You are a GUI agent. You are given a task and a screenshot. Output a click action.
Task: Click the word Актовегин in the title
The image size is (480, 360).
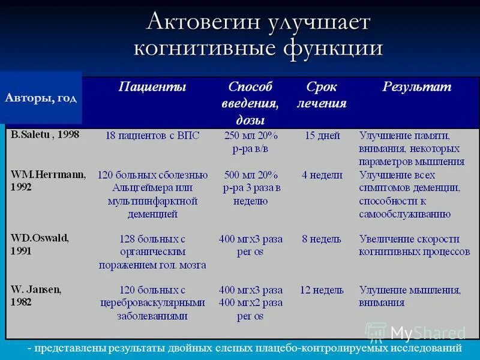pos(204,23)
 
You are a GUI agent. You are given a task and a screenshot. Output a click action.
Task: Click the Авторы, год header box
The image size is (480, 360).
pos(41,98)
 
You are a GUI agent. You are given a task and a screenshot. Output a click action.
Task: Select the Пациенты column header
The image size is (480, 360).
pos(152,87)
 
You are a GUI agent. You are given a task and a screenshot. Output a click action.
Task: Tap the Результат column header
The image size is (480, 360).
pos(417,87)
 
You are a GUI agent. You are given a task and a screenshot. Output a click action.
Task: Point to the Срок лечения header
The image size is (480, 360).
pos(322,95)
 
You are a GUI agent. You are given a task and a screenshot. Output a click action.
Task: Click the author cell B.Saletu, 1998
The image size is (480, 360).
pos(45,134)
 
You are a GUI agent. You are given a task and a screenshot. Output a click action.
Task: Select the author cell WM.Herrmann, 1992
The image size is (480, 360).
pos(48,180)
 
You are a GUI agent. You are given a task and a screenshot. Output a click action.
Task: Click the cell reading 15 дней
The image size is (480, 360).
pos(322,136)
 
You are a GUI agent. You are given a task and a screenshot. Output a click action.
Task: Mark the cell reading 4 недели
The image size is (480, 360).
pos(322,175)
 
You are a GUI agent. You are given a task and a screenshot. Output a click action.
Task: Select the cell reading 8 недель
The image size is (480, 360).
pos(322,239)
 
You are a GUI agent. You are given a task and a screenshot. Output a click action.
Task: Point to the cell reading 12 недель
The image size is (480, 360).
pos(322,290)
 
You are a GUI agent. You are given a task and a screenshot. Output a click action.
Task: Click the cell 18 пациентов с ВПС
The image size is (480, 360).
pos(152,136)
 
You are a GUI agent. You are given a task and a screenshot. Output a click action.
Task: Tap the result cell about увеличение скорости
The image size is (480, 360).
pos(414,245)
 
